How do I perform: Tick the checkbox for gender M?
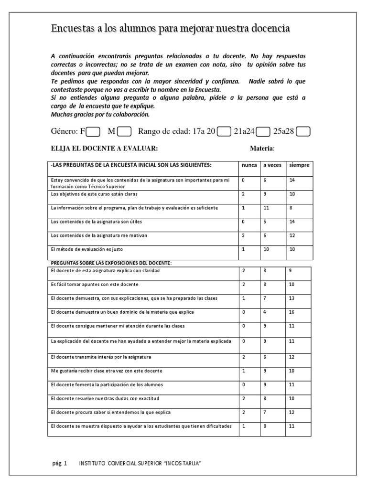(124, 131)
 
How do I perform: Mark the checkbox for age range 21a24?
(264, 131)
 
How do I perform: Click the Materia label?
(262, 149)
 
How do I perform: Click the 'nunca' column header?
(249, 165)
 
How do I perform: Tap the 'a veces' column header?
(272, 165)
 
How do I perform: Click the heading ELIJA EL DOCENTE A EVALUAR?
(104, 149)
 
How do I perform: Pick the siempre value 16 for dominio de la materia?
(292, 312)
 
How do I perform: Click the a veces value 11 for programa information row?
(266, 208)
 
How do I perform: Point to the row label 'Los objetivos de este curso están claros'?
(90, 194)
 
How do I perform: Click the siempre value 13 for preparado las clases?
(292, 298)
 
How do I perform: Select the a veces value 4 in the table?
(265, 312)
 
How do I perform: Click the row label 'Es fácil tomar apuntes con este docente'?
(94, 285)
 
